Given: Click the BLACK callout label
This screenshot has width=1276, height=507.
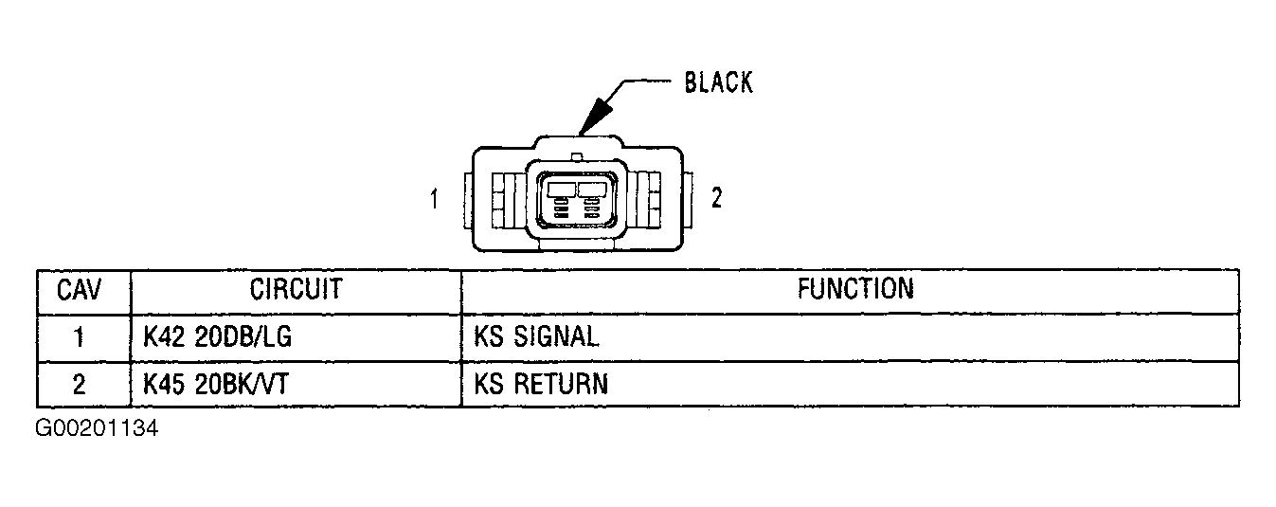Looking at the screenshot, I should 718,83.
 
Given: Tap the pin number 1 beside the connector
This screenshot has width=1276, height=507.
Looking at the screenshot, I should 434,200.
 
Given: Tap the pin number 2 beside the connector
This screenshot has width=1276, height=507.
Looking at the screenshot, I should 717,198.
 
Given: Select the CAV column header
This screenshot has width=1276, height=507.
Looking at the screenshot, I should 81,290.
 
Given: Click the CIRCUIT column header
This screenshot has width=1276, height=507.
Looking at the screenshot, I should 296,290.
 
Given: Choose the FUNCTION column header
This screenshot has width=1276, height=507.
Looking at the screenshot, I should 854,289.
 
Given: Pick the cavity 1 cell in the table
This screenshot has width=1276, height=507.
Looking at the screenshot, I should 81,337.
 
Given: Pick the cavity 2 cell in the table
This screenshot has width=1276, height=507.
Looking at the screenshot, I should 81,384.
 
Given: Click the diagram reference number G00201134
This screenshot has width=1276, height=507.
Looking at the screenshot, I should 98,429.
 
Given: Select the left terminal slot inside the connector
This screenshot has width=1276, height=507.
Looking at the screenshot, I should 562,190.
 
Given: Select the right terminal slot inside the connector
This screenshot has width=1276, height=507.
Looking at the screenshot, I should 592,190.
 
